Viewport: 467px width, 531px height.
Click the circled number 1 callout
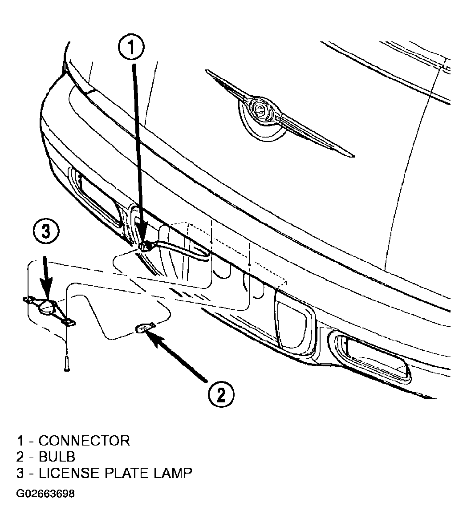[131, 49]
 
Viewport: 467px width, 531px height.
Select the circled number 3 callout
[46, 232]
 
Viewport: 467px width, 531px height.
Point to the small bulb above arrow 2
[145, 328]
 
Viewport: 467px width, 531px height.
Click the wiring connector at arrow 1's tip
[146, 246]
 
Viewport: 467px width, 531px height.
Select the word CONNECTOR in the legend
[84, 441]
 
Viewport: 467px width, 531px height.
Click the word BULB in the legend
[57, 457]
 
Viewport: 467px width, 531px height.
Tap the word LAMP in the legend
[173, 473]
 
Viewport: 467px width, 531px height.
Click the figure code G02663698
[45, 494]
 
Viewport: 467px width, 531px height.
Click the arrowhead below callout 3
[47, 291]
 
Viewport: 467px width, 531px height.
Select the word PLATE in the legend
[127, 473]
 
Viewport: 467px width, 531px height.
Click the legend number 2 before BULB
[20, 457]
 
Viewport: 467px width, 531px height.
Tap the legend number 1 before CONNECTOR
[20, 441]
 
